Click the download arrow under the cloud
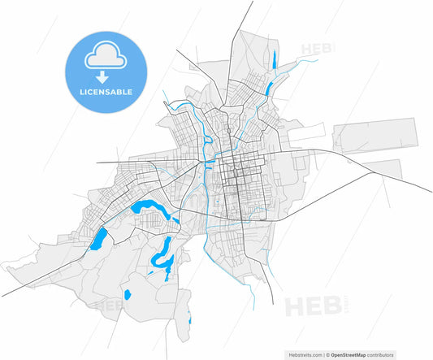[102, 78]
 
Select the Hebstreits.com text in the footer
[303, 355]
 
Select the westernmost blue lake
[100, 239]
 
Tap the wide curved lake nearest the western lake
[150, 209]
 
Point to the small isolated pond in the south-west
[126, 293]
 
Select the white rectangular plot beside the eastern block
[308, 132]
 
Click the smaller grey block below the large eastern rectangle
[382, 168]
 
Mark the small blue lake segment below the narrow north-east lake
[268, 85]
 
